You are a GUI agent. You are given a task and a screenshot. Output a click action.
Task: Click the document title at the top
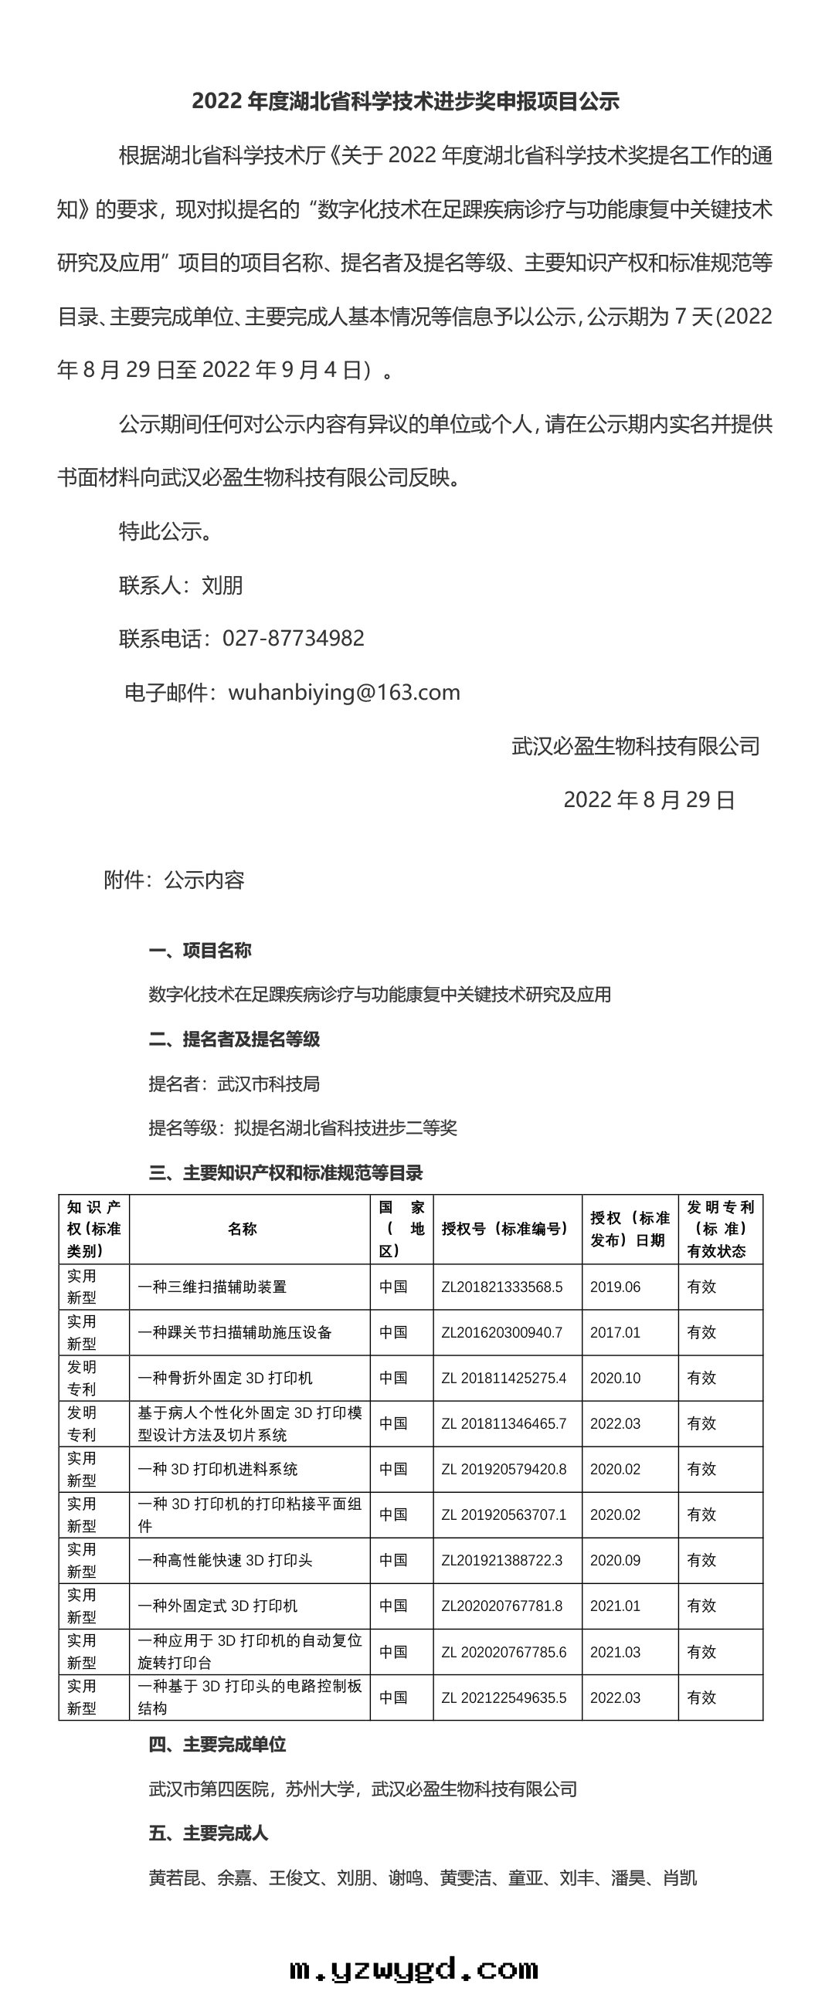405,101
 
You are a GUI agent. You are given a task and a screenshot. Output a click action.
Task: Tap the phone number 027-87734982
293,639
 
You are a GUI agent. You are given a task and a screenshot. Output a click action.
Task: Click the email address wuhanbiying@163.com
344,693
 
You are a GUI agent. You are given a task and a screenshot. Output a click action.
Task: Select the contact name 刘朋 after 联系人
222,585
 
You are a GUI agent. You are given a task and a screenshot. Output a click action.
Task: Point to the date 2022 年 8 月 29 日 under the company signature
649,800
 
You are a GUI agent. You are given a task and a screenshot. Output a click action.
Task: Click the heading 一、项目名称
199,950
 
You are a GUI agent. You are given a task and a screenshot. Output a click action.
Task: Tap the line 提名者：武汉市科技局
234,1084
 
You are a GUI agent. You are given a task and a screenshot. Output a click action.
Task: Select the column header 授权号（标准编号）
506,1228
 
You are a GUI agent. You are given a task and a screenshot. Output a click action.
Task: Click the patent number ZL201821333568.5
502,1287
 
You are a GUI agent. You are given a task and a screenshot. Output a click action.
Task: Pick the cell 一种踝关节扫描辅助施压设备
235,1332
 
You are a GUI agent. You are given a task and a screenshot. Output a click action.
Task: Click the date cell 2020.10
615,1378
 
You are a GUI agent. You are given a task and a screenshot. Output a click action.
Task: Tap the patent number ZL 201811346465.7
504,1423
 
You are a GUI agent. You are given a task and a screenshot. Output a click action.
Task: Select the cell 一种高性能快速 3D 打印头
225,1561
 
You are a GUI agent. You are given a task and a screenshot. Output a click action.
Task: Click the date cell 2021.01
615,1606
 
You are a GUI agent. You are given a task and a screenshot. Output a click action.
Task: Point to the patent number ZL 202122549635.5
504,1698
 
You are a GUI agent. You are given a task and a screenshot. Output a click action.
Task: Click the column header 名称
243,1228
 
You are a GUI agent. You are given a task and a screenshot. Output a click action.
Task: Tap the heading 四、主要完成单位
217,1745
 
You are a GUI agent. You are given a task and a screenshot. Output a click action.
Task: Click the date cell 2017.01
615,1332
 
